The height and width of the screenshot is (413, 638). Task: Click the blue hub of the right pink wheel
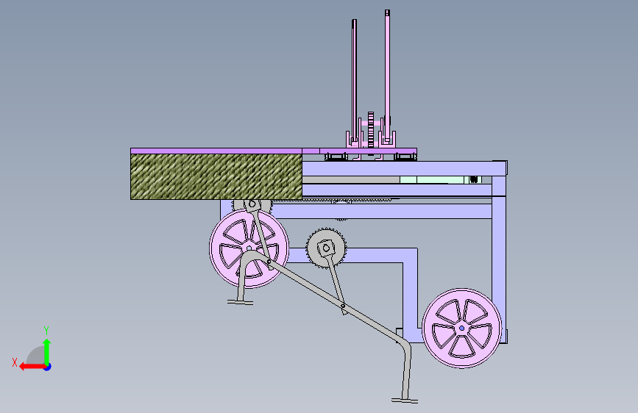click(461, 328)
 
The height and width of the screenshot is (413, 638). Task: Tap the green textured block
click(216, 176)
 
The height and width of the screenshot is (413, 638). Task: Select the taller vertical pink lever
click(386, 73)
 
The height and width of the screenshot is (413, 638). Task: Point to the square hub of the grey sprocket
click(325, 248)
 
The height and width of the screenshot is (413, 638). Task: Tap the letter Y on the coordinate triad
click(46, 330)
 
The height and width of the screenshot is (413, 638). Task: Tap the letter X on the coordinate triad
click(14, 362)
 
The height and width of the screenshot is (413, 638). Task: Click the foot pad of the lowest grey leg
click(405, 401)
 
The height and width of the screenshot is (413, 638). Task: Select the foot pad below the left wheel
click(240, 301)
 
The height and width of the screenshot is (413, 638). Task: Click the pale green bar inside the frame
click(434, 179)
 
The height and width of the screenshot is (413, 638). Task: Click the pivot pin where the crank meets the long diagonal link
click(343, 306)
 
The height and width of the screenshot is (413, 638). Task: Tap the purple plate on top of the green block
click(216, 150)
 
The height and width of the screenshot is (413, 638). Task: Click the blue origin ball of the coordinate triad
click(46, 366)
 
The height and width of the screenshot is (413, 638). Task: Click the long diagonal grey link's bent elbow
click(403, 345)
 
